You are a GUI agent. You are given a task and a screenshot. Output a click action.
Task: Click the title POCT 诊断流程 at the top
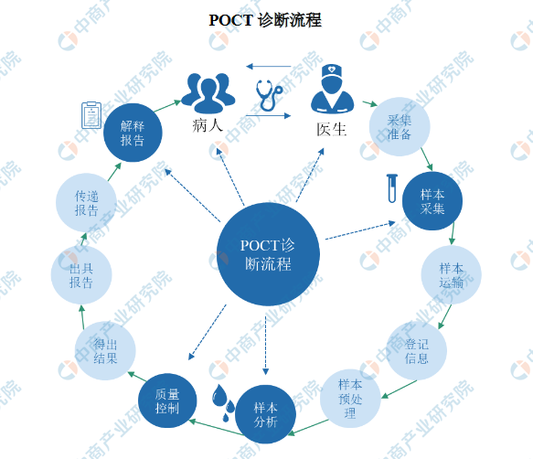click(x=265, y=20)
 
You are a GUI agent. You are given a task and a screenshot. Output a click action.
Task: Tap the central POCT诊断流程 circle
click(x=268, y=254)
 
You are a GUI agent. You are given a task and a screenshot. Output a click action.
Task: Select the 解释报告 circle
click(x=133, y=133)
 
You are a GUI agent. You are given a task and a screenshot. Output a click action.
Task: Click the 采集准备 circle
click(x=400, y=127)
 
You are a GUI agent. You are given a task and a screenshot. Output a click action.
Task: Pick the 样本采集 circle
click(x=432, y=201)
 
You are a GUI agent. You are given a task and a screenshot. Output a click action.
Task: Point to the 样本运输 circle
click(x=452, y=274)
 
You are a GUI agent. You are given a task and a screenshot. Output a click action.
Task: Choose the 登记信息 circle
click(x=417, y=350)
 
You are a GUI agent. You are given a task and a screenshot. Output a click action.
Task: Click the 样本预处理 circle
click(x=350, y=399)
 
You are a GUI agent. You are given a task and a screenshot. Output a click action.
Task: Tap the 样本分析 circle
click(x=265, y=414)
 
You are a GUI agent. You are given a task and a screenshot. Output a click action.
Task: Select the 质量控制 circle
click(x=167, y=400)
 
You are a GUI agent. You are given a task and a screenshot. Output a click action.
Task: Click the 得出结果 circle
click(x=105, y=350)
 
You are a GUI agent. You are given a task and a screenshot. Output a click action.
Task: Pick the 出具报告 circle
click(x=81, y=274)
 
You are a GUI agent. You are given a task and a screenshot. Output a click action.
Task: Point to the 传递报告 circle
click(x=86, y=203)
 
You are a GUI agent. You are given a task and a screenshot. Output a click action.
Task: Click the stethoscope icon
click(x=269, y=95)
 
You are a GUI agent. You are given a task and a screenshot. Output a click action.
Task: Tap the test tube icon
click(x=392, y=188)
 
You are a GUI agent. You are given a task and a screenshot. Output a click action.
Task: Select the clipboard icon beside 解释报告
click(x=91, y=115)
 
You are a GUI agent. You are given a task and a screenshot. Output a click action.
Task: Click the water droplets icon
click(x=223, y=403)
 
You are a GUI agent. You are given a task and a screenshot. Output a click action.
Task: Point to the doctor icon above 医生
click(x=332, y=89)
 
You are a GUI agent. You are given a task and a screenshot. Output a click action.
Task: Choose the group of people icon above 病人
click(x=208, y=93)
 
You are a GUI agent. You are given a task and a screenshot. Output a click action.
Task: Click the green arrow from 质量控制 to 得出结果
click(x=137, y=377)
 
